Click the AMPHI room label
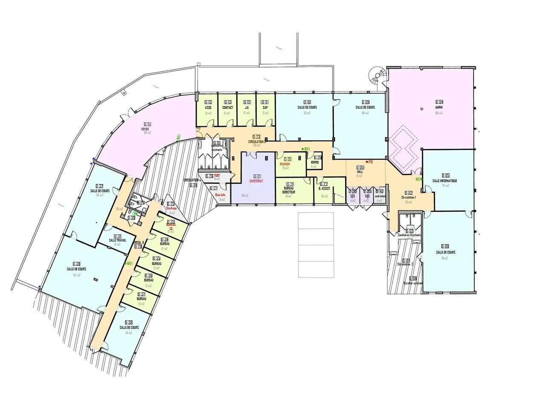click(x=439, y=107)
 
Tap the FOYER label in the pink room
click(x=145, y=129)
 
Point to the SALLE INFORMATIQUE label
click(x=444, y=181)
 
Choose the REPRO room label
click(x=315, y=162)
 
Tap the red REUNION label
click(x=285, y=164)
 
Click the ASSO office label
click(x=208, y=108)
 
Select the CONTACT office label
click(x=228, y=108)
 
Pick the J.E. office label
click(x=247, y=108)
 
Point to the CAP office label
click(x=265, y=108)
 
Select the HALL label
click(x=360, y=172)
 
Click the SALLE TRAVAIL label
click(x=118, y=241)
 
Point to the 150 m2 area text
click(x=439, y=113)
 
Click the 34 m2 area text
click(x=128, y=333)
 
